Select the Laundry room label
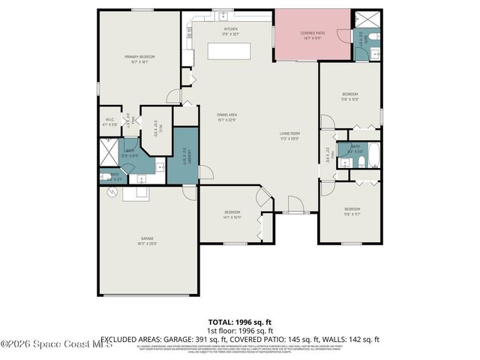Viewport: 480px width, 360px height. click(x=184, y=157)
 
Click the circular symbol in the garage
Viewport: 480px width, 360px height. click(x=112, y=192)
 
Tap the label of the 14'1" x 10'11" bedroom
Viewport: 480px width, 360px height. click(x=232, y=215)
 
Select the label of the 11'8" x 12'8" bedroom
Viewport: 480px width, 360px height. click(x=350, y=96)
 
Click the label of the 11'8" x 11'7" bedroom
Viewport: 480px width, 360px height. click(x=352, y=211)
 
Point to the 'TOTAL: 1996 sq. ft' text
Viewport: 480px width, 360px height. click(x=240, y=322)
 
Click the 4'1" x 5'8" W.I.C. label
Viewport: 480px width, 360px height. click(x=109, y=122)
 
